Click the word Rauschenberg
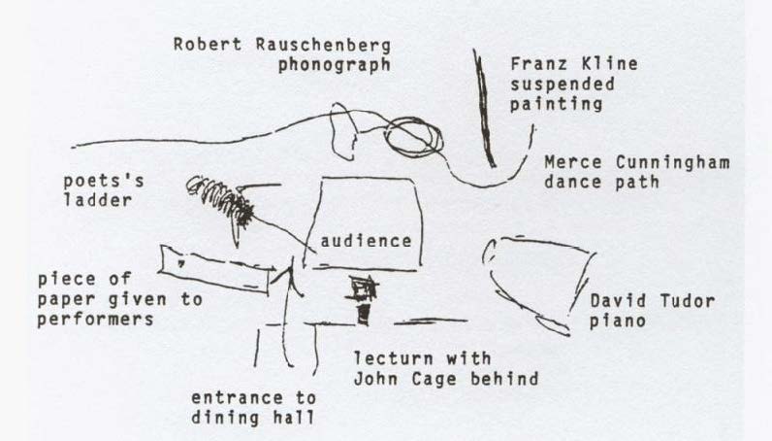point(323,45)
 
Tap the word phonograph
point(335,65)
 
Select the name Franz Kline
point(574,64)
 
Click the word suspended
point(563,84)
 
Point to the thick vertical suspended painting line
point(484,108)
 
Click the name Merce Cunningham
point(637,162)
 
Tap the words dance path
point(601,182)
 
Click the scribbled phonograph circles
point(413,137)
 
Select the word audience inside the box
point(366,241)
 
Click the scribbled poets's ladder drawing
point(221,201)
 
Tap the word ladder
point(98,200)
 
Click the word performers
point(95,320)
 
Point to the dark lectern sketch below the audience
point(364,299)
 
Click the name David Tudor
point(653,300)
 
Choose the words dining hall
point(252,418)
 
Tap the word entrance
point(237,397)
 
